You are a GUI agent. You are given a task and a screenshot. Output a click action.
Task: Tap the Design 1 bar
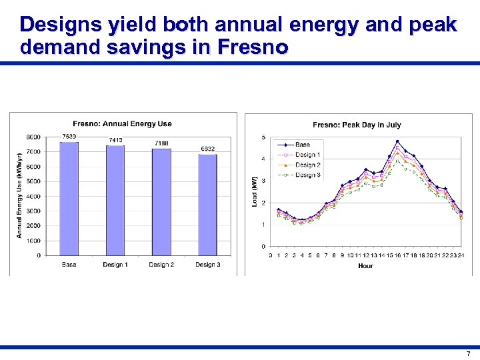click(x=115, y=200)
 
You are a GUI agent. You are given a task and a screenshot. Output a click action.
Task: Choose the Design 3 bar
click(x=207, y=204)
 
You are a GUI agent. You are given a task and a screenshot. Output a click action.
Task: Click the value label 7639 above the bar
click(x=69, y=137)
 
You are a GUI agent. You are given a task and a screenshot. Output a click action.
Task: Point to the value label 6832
click(x=207, y=149)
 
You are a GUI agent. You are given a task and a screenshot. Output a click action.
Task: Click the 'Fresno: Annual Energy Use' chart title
click(x=122, y=123)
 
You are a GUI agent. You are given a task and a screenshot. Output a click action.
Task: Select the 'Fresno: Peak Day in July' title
click(x=357, y=125)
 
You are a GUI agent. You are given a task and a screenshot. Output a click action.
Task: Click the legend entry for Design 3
click(x=307, y=175)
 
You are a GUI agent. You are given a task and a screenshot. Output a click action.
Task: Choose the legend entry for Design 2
click(x=307, y=165)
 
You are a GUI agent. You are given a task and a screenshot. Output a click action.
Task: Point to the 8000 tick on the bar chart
click(x=33, y=137)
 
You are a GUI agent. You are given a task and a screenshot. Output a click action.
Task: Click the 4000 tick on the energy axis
click(x=33, y=196)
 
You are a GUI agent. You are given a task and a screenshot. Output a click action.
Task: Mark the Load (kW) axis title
click(x=255, y=191)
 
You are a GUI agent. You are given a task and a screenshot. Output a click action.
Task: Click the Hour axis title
click(x=365, y=265)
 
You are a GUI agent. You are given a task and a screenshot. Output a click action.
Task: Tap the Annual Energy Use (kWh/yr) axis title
click(x=19, y=195)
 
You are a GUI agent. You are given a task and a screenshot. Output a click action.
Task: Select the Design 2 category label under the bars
click(x=161, y=265)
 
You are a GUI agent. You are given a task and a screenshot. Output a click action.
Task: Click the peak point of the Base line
click(x=397, y=141)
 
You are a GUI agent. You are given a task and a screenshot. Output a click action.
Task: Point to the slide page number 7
click(x=468, y=353)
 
